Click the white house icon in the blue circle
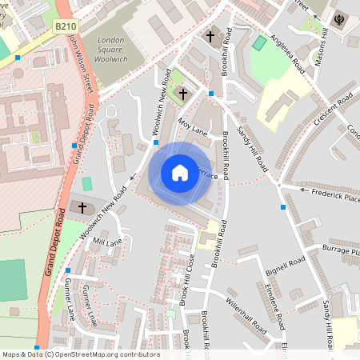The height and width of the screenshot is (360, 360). pyautogui.click(x=180, y=173)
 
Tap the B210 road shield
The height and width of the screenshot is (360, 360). pyautogui.click(x=65, y=27)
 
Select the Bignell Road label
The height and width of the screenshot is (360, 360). pyautogui.click(x=286, y=267)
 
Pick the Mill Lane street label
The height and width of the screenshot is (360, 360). pyautogui.click(x=107, y=241)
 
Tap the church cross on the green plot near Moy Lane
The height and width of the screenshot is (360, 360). pyautogui.click(x=183, y=94)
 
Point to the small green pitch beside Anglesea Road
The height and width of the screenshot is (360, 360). pyautogui.click(x=259, y=42)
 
